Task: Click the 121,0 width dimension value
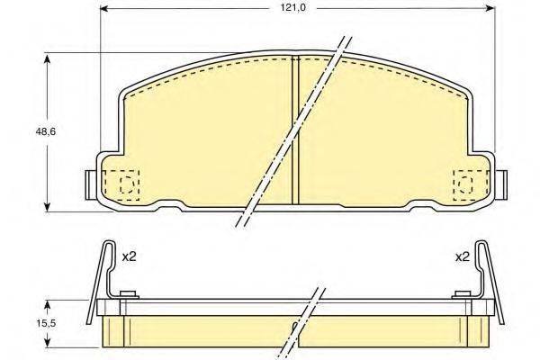292,7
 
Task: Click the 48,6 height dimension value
46,131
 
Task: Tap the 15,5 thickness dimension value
46,323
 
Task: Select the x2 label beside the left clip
130,256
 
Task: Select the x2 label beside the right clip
463,256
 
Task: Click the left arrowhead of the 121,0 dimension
104,8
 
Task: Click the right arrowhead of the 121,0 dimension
490,8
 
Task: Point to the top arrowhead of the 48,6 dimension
48,58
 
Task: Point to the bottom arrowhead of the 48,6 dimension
48,207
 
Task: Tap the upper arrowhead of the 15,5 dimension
48,305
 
